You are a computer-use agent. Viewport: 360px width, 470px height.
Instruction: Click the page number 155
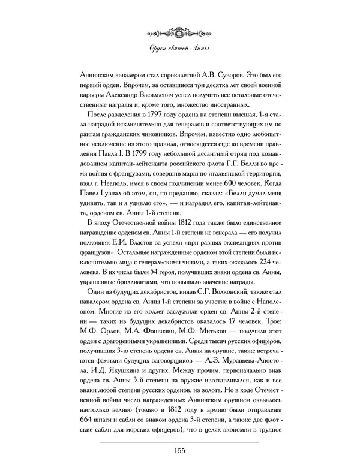tap(179, 451)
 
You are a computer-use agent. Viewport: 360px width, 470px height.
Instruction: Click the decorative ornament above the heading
tap(179, 31)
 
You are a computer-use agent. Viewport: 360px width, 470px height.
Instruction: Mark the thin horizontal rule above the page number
tap(179, 442)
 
